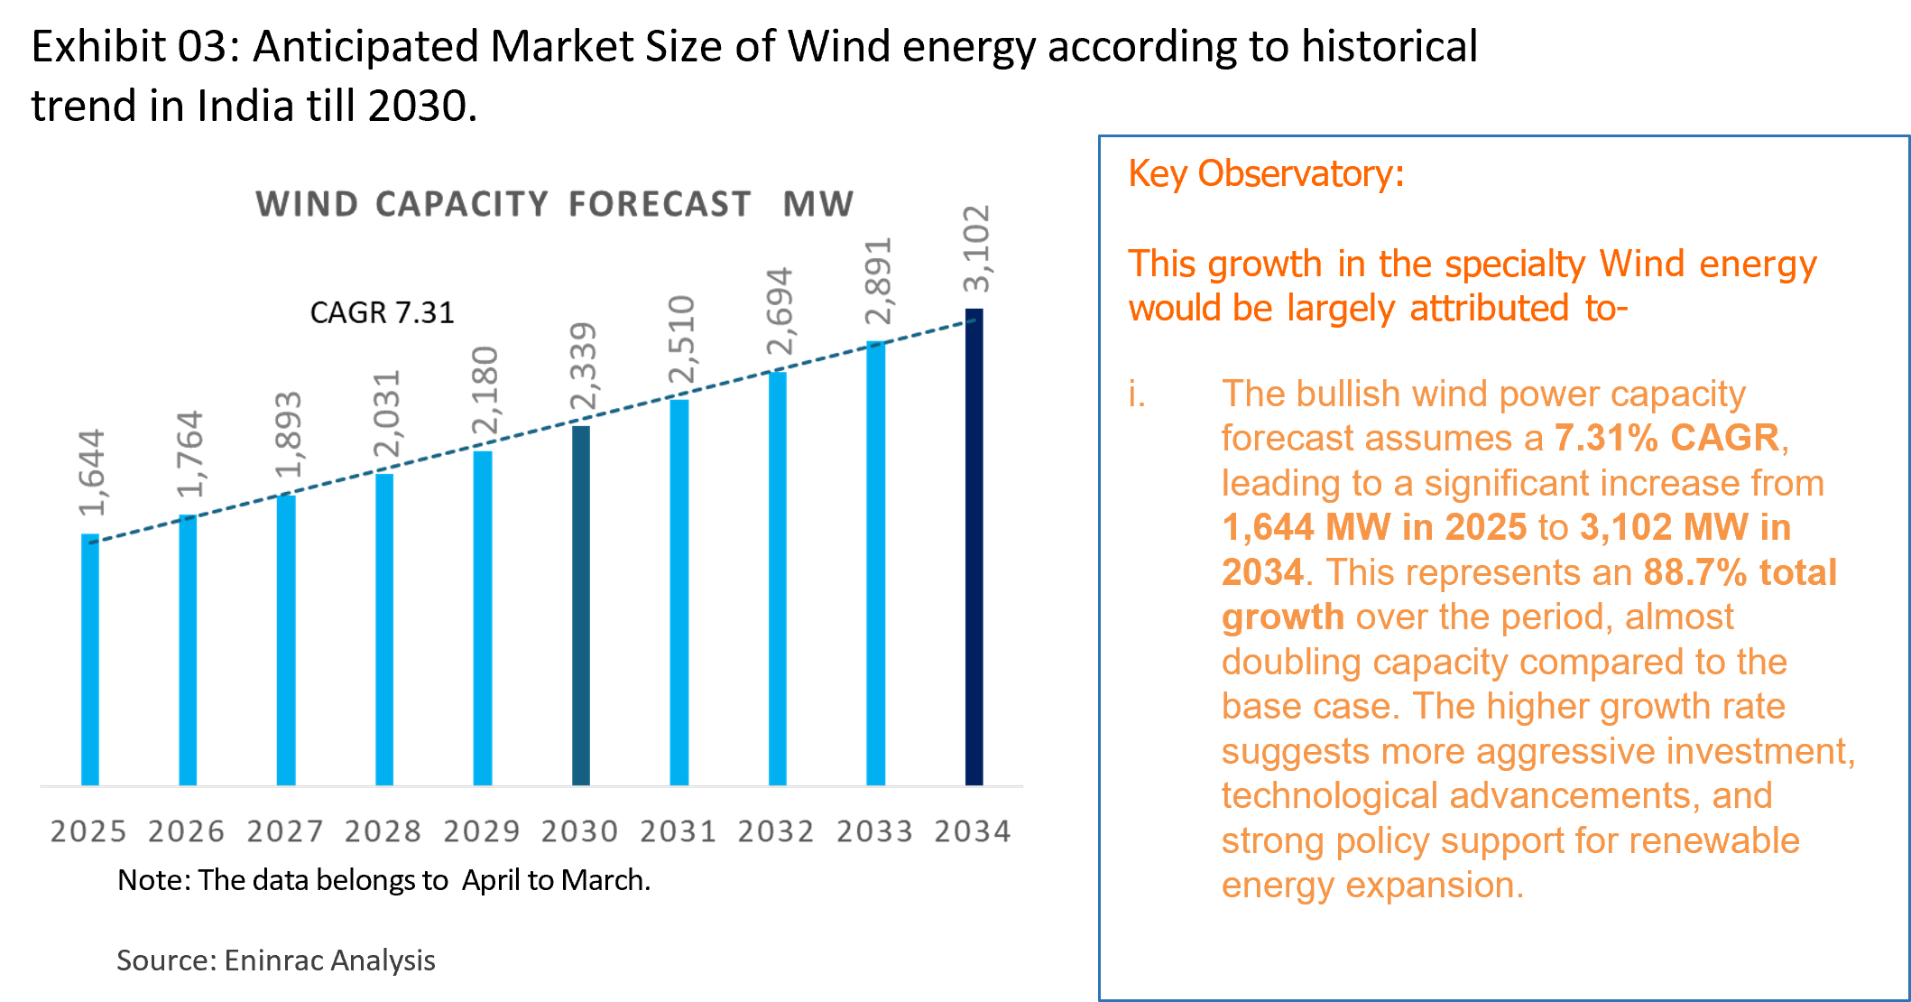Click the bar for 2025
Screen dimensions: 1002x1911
coord(90,659)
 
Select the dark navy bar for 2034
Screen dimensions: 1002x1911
coord(974,546)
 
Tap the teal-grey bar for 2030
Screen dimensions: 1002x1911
coord(581,605)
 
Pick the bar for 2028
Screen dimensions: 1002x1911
coord(384,628)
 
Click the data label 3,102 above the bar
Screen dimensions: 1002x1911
coord(977,249)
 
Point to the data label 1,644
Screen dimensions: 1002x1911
coord(93,472)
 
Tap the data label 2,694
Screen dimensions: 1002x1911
coord(780,311)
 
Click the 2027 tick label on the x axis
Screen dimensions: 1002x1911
coord(285,831)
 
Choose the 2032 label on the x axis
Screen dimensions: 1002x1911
coord(776,831)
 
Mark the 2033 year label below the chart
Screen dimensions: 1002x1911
coord(874,831)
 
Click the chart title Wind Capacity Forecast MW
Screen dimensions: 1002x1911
coord(554,204)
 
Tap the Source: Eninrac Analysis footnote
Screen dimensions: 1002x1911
coord(276,960)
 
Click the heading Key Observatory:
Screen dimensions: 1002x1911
coord(1266,173)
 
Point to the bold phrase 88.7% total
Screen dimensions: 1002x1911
coord(1740,572)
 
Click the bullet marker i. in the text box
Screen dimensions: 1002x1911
coord(1137,394)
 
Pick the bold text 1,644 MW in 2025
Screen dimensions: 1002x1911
coord(1374,527)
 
